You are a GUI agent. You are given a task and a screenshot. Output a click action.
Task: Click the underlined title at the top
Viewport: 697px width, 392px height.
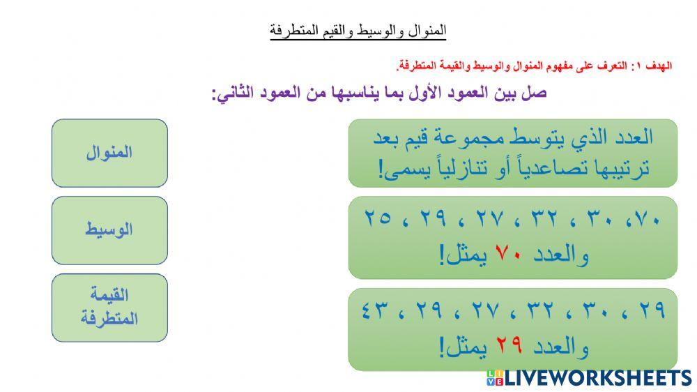(358, 31)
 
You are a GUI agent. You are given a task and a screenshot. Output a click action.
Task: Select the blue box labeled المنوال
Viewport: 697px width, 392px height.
(109, 153)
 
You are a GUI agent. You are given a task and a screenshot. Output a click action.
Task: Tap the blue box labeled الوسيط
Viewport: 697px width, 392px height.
(109, 230)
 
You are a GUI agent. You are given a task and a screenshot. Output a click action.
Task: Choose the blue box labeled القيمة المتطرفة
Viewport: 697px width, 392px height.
(109, 308)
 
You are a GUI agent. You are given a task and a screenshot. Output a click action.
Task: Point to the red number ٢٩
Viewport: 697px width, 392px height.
(508, 346)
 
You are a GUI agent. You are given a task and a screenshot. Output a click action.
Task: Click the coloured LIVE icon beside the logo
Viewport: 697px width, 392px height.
(494, 378)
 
